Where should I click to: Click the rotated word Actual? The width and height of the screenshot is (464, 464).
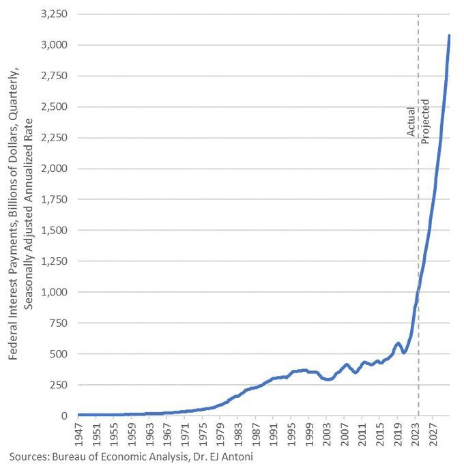tap(411, 121)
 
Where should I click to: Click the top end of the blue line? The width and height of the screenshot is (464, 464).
tap(449, 35)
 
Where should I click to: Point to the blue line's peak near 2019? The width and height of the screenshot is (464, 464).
tap(398, 343)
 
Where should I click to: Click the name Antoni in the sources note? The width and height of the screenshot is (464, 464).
tap(238, 456)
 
